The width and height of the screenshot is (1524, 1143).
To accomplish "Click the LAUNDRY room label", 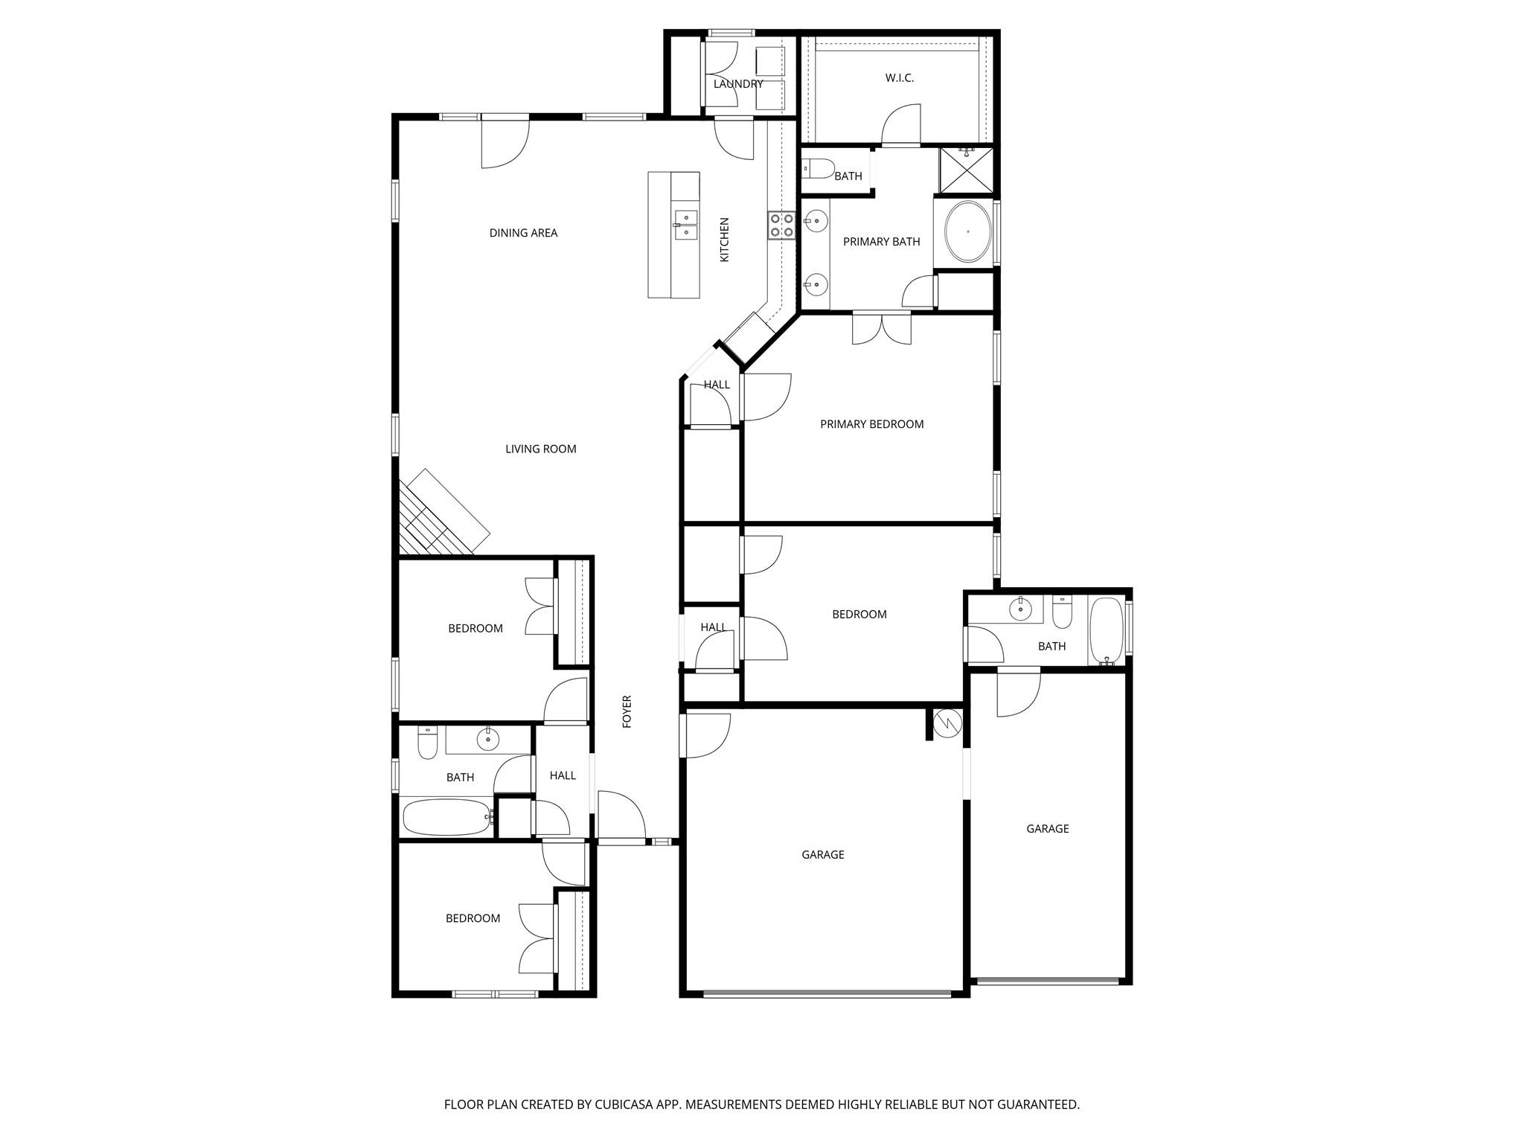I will tap(737, 84).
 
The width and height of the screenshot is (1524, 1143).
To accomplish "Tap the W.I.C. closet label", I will tap(899, 78).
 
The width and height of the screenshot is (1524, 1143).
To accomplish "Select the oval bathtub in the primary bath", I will tap(967, 231).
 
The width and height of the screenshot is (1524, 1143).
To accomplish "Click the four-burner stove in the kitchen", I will tap(781, 225).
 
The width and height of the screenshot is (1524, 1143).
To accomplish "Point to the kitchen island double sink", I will tap(686, 225).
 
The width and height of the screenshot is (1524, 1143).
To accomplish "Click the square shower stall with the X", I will tap(967, 171).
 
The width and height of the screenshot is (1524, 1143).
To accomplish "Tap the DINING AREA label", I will tap(523, 233).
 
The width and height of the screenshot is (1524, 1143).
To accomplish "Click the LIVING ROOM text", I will tap(540, 449).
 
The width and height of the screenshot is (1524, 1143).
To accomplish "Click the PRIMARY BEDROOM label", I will tap(871, 424).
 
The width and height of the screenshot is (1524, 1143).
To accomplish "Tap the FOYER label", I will tap(627, 711).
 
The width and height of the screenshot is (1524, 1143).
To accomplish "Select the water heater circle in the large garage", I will tap(948, 723).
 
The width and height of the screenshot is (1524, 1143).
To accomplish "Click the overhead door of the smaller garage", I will tap(1047, 980).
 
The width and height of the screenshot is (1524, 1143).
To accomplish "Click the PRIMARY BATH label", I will tap(881, 242).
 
